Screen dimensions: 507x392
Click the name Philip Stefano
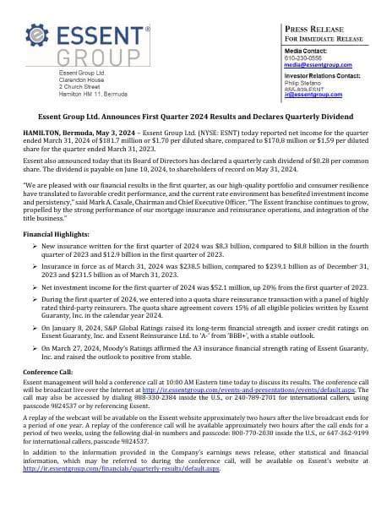click(x=302, y=84)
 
